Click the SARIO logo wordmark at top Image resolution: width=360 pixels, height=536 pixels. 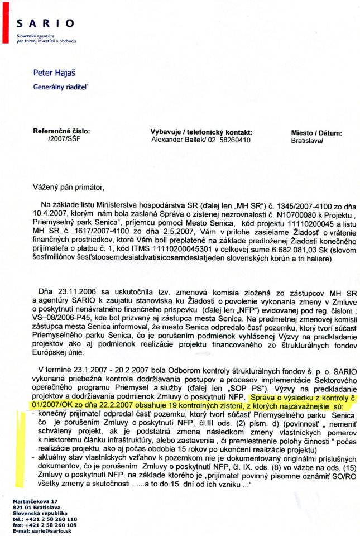click(x=45, y=23)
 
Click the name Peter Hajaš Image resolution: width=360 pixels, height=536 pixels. click(x=54, y=73)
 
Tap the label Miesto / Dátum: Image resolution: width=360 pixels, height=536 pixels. click(x=316, y=133)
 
